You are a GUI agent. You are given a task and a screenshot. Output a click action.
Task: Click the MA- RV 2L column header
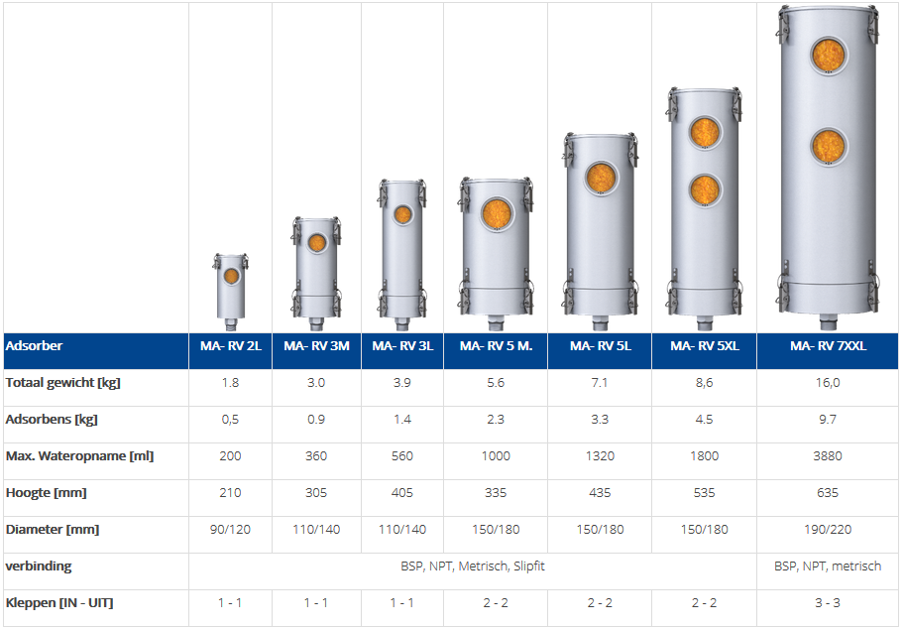click(x=230, y=346)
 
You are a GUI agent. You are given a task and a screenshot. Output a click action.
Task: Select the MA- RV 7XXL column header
click(x=828, y=346)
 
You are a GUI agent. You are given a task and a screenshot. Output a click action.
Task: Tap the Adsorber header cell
click(x=34, y=346)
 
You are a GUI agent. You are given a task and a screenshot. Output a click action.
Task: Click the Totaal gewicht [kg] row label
click(x=62, y=383)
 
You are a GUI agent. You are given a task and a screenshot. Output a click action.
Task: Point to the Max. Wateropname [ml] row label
click(x=79, y=456)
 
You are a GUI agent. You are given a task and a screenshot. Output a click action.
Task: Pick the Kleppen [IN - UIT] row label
click(x=59, y=603)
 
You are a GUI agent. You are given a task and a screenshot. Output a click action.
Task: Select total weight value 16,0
click(x=828, y=383)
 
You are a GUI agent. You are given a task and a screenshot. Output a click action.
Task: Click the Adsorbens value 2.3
click(x=496, y=419)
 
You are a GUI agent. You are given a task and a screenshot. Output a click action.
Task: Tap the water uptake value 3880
click(x=828, y=456)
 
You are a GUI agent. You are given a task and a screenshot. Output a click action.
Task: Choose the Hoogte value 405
click(x=402, y=493)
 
